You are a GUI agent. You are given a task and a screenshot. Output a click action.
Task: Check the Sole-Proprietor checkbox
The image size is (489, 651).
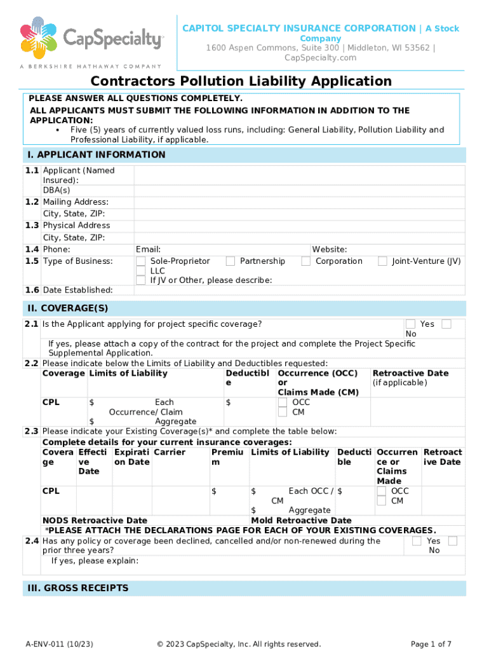click(x=141, y=261)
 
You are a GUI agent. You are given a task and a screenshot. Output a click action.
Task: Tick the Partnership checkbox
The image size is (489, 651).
click(x=231, y=261)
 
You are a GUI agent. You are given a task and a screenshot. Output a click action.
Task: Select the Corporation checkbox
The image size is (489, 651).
click(x=306, y=261)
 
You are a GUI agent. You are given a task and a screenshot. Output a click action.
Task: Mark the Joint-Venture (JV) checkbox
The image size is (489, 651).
click(x=382, y=261)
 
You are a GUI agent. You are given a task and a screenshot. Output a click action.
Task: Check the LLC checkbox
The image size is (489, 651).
click(x=141, y=271)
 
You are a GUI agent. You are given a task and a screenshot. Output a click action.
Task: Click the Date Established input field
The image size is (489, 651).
click(x=298, y=290)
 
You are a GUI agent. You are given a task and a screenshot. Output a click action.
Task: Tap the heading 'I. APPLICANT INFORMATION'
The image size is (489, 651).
click(x=96, y=155)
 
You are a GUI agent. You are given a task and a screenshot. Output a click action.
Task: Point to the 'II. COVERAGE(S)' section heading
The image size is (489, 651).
click(x=67, y=308)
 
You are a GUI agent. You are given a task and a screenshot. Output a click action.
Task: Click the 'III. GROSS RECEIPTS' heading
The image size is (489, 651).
click(x=77, y=588)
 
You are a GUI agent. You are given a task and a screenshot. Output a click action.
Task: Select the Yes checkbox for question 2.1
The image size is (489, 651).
click(x=411, y=324)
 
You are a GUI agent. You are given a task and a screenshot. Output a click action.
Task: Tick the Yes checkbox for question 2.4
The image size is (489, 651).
click(x=417, y=541)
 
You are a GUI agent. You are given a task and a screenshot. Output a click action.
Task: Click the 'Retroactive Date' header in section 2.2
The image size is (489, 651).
click(x=410, y=373)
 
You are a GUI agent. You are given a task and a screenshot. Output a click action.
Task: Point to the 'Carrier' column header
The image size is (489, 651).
click(x=170, y=453)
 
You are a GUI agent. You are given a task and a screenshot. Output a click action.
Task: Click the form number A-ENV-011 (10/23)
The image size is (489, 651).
click(x=55, y=644)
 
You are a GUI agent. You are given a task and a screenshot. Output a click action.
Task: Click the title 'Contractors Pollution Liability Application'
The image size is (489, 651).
click(x=241, y=81)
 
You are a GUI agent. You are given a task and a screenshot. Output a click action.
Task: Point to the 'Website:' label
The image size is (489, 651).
click(x=329, y=250)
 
